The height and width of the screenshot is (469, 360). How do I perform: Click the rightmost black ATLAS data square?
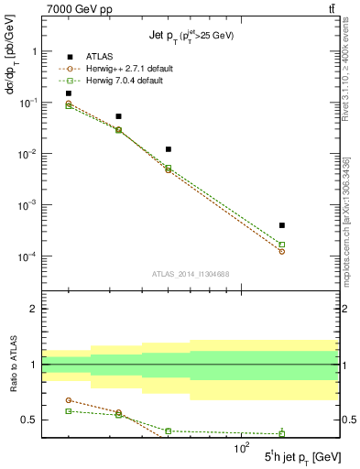[282, 225]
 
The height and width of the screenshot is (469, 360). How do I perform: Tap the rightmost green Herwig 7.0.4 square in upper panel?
[282, 245]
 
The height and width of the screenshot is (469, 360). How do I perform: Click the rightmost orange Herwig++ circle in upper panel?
[282, 251]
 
